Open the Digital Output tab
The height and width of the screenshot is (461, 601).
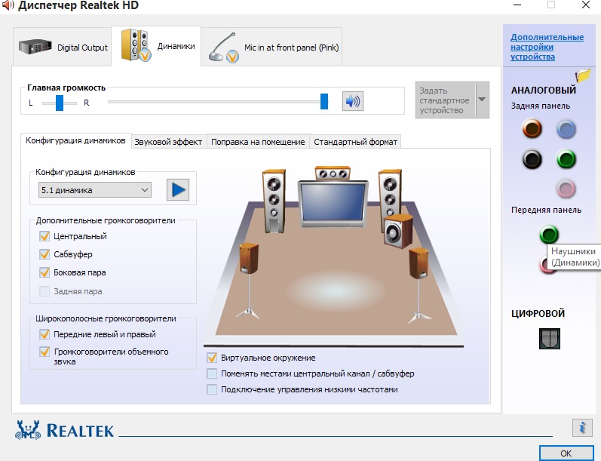click(63, 47)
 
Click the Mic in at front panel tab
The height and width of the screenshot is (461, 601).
click(271, 47)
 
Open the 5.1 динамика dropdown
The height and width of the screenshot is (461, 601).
click(95, 190)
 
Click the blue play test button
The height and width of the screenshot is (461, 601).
click(178, 189)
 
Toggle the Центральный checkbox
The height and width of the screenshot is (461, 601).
click(44, 236)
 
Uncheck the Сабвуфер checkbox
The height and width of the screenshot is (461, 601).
click(44, 254)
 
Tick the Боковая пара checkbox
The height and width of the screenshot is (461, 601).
click(44, 272)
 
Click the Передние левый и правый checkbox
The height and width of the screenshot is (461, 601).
click(44, 334)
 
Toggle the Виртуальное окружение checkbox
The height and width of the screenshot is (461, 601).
click(212, 358)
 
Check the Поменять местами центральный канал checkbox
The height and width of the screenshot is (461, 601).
click(212, 373)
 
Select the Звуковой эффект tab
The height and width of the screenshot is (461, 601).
click(168, 142)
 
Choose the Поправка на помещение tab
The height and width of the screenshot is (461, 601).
click(258, 142)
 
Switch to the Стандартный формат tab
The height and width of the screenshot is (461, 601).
click(355, 142)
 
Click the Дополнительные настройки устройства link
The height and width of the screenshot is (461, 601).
click(547, 47)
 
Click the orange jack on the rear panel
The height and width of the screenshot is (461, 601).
click(532, 128)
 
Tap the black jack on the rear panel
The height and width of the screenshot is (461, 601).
click(532, 159)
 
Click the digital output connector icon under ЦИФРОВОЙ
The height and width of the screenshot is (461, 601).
click(550, 339)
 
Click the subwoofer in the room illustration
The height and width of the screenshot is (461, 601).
click(398, 231)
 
